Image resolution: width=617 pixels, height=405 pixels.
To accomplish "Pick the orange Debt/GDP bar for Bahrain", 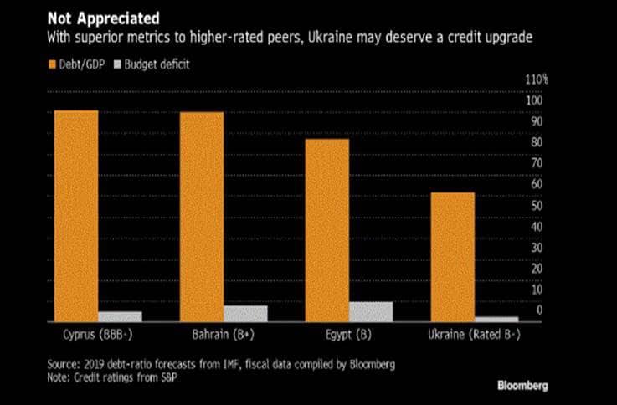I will tap(202, 216).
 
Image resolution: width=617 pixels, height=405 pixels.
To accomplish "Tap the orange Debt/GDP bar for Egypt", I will tap(326, 229).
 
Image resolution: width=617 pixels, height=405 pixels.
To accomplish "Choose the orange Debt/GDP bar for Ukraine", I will tap(451, 256).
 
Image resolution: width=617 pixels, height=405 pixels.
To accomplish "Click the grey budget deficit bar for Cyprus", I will tap(120, 316).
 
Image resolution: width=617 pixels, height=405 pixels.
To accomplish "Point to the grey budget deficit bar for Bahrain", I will tap(245, 313).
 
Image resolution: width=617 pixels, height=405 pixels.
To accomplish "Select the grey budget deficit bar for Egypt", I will tap(370, 311).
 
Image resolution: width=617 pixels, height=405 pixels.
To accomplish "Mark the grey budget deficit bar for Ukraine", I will tap(497, 319).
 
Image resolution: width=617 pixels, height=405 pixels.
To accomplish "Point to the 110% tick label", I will tap(536, 80).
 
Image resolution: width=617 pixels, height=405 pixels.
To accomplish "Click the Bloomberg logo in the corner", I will tap(523, 386).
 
